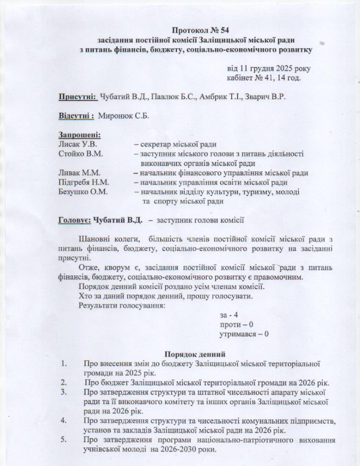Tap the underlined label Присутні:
(77, 97)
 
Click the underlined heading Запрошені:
(80, 135)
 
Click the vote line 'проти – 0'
(236, 325)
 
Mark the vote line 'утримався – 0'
(244, 334)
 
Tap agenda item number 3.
(64, 392)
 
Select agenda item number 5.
(64, 440)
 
